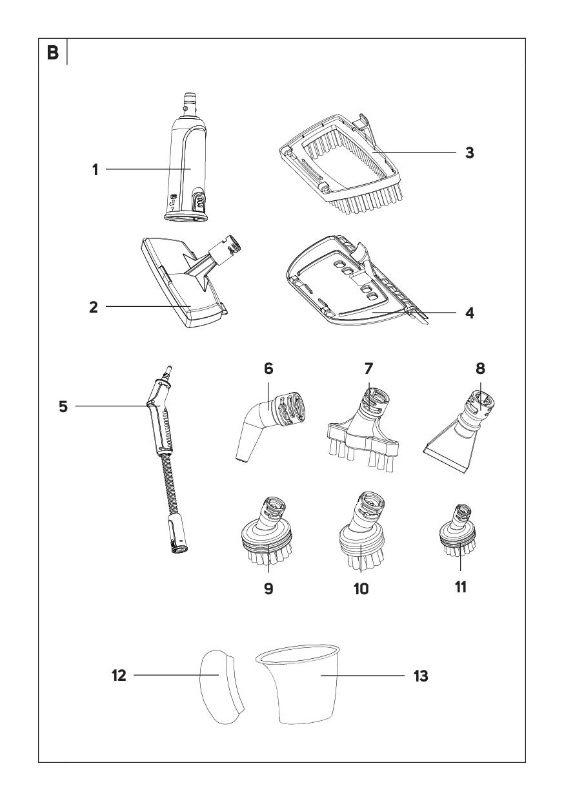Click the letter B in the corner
coord(53,53)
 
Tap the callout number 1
coord(95,169)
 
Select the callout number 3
coord(469,152)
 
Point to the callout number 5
coord(63,406)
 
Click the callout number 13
coord(421,676)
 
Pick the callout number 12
coord(119,676)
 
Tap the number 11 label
coord(460,587)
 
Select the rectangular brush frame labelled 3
coord(341,165)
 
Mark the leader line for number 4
coord(414,312)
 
